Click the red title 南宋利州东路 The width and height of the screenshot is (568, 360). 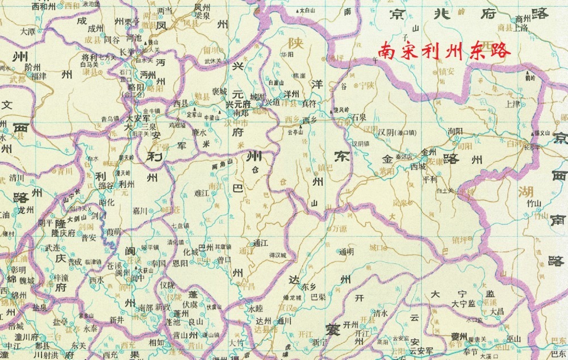pyautogui.click(x=445, y=51)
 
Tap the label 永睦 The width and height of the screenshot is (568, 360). pyautogui.click(x=256, y=308)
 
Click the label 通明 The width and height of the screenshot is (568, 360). pyautogui.click(x=346, y=252)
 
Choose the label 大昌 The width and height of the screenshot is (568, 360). pyautogui.click(x=496, y=312)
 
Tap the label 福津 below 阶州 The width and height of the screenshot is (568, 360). pyautogui.click(x=39, y=74)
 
